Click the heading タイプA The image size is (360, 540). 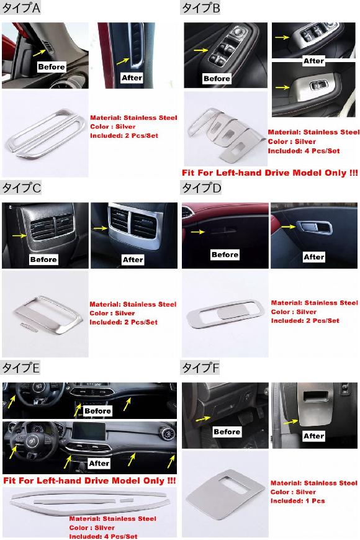tap(21, 7)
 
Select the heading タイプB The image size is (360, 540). tap(200, 7)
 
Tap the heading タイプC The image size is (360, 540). tap(21, 188)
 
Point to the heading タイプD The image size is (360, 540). tap(201, 188)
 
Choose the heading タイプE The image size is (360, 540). tap(20, 368)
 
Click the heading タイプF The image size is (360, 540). tap(200, 368)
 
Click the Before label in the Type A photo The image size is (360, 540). tap(52, 67)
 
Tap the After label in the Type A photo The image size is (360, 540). tap(132, 78)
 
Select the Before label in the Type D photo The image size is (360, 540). tap(225, 255)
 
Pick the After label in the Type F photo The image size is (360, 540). tap(313, 436)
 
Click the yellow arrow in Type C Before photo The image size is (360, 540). tap(19, 236)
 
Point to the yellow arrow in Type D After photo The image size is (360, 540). tap(289, 227)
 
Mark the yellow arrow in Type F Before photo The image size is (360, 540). tap(202, 419)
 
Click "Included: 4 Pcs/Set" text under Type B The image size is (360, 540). tap(304, 151)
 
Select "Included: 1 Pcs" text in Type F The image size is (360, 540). tap(297, 501)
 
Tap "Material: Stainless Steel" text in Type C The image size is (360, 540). tap(133, 304)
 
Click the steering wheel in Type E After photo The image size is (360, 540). tap(31, 442)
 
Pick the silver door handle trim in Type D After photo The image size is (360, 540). tap(314, 227)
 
